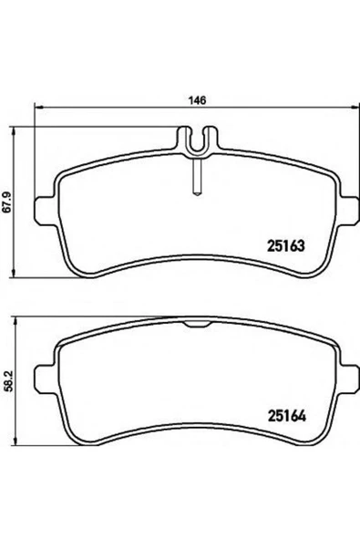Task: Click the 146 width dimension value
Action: [x=197, y=100]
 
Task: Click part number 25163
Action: [x=286, y=246]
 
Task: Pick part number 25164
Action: [x=287, y=416]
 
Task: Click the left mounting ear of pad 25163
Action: [x=45, y=212]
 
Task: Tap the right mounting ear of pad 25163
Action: [x=348, y=212]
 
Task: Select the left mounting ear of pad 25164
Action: [x=45, y=380]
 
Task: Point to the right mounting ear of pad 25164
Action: [x=348, y=380]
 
